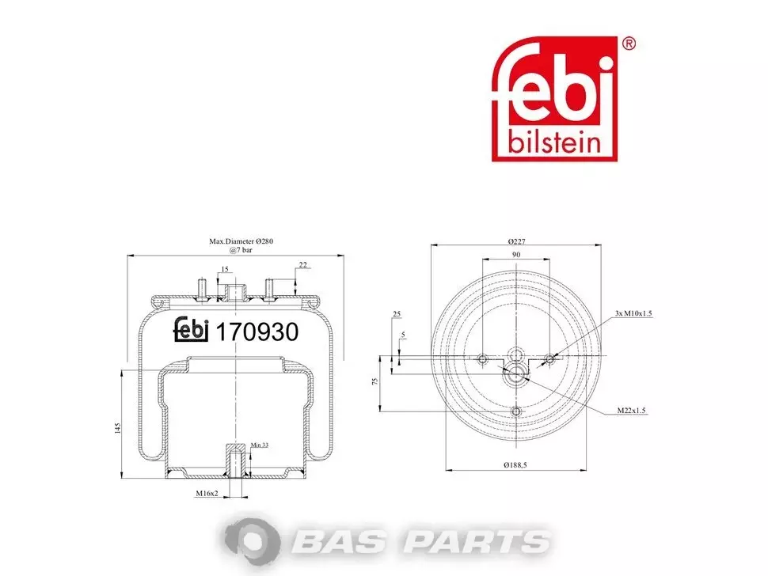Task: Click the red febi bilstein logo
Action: (x=554, y=98)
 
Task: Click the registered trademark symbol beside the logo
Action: (x=629, y=44)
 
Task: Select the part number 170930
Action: (x=257, y=332)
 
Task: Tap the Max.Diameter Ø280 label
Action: (x=241, y=241)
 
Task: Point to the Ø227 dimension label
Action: (x=516, y=241)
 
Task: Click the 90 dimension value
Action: (x=516, y=255)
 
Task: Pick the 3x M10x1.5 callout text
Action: (x=633, y=313)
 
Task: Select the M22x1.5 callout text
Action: (x=631, y=410)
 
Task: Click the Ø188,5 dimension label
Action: (x=515, y=465)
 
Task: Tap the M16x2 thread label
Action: (x=207, y=493)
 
